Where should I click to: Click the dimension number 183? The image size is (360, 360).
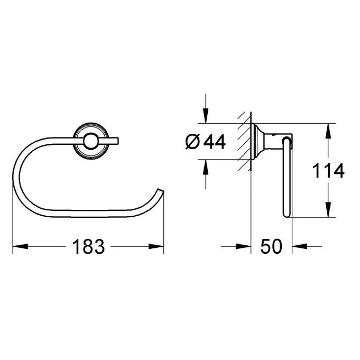coord(88,246)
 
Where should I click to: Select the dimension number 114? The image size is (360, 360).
coord(328,171)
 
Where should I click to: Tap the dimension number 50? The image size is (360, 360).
coord(271,246)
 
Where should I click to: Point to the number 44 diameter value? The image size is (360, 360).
coord(214,142)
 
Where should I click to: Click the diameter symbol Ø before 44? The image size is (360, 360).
coord(193,142)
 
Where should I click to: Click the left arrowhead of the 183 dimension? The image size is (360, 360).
coord(20,246)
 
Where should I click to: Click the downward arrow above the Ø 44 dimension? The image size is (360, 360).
coord(205,116)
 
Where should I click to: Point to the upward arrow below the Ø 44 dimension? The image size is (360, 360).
coord(205,168)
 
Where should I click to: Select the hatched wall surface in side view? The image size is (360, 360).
coord(244,142)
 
